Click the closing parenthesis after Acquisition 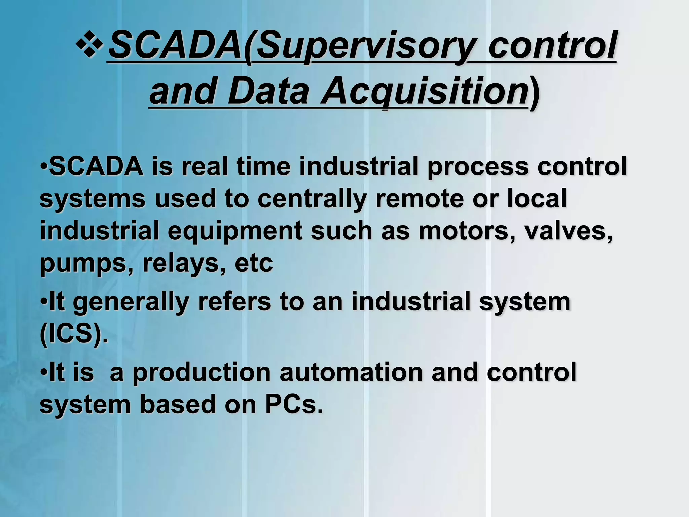click(535, 93)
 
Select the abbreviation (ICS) click(74, 334)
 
